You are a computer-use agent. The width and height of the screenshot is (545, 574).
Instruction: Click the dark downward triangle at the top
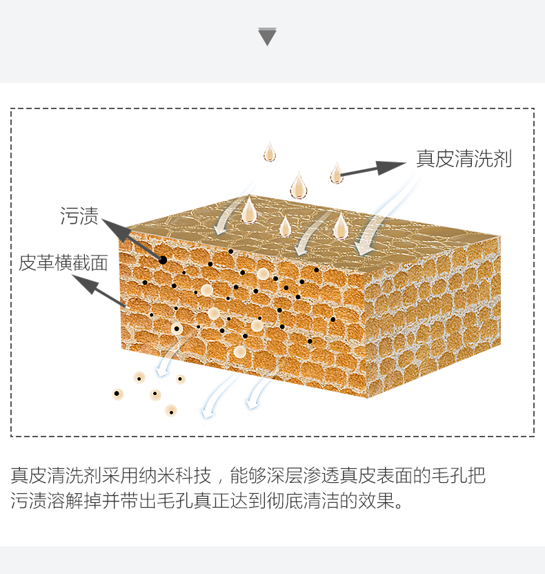coord(267,37)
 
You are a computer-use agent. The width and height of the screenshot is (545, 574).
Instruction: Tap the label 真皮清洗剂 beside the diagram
coord(464,159)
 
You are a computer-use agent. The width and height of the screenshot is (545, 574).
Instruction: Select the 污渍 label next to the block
coord(79,216)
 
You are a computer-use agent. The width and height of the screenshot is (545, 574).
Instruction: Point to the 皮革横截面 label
coord(63,262)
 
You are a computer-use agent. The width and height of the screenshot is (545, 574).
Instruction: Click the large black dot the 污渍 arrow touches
coord(163,260)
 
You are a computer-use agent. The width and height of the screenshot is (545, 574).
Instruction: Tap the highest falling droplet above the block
coord(270,153)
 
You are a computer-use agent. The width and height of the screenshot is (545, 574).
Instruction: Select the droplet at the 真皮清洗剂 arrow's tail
coord(336,174)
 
